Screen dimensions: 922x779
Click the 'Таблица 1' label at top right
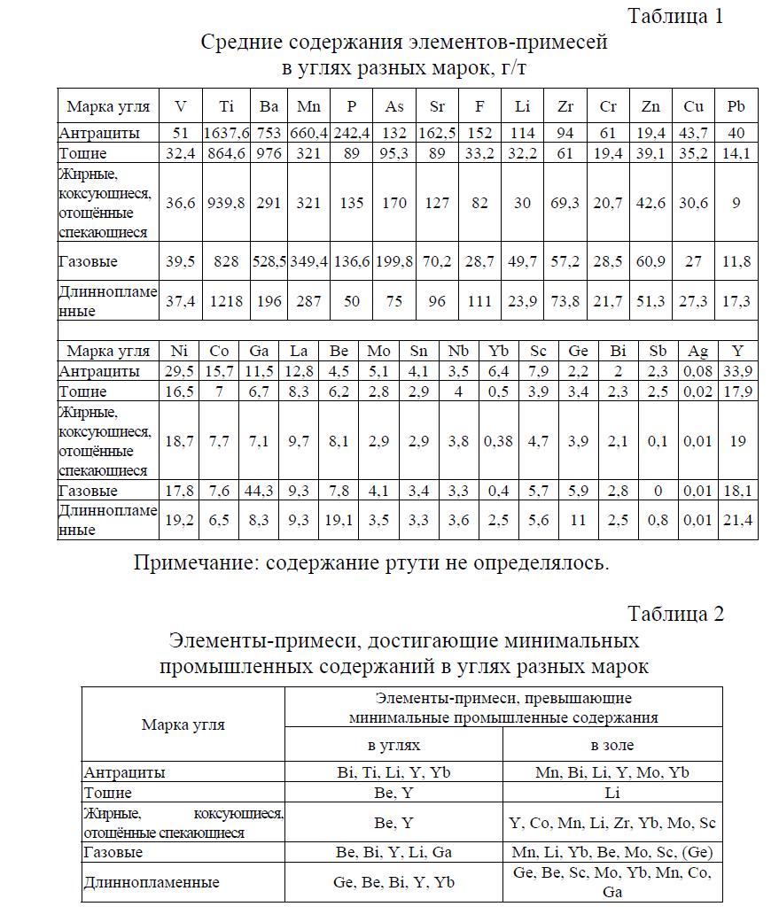tap(675, 16)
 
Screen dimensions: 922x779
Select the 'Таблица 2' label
tap(675, 614)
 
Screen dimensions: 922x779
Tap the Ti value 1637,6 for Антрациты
tap(226, 133)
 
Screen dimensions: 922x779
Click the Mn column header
tap(308, 106)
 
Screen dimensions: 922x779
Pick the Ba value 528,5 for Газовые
tap(269, 262)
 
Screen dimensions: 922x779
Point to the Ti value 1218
tap(226, 301)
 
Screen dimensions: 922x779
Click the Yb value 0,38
tap(499, 441)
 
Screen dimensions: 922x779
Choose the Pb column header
tap(736, 106)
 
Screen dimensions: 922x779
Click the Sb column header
tap(657, 351)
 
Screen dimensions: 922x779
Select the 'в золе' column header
tap(612, 745)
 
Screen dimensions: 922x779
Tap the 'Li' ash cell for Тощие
tap(612, 793)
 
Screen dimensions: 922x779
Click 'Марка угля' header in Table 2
tap(183, 724)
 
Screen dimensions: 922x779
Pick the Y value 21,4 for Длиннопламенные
tap(737, 521)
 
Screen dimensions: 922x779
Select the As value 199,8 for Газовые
tap(394, 262)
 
